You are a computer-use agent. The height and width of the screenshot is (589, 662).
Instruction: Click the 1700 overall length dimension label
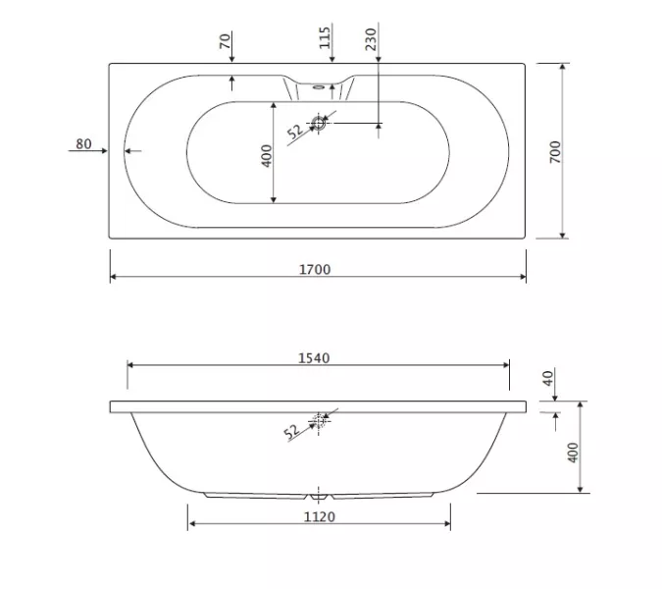coord(315,269)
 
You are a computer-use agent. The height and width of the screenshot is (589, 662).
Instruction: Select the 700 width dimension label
coord(555,152)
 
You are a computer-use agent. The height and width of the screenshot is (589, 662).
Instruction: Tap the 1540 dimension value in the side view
coord(314,358)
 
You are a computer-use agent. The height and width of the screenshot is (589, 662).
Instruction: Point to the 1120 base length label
coord(320,516)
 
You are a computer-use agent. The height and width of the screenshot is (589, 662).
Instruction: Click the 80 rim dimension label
coord(83,144)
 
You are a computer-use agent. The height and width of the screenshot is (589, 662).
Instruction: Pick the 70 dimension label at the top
coord(225,41)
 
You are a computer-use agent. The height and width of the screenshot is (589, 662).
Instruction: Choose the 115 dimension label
coord(325,38)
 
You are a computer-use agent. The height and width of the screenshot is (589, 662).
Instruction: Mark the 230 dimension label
coord(371,39)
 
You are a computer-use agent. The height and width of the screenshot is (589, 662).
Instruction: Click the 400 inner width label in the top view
coord(267,156)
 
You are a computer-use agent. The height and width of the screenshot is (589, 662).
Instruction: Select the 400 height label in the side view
coord(573,453)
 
